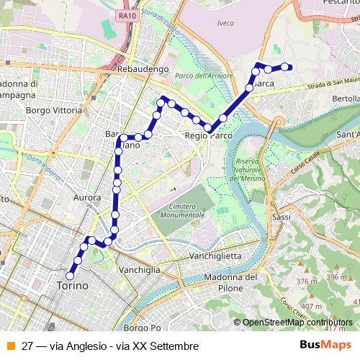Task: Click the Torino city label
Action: (x=72, y=286)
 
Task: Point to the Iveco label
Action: (x=225, y=23)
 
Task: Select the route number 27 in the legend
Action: (x=27, y=346)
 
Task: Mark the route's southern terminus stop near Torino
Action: (x=71, y=274)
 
